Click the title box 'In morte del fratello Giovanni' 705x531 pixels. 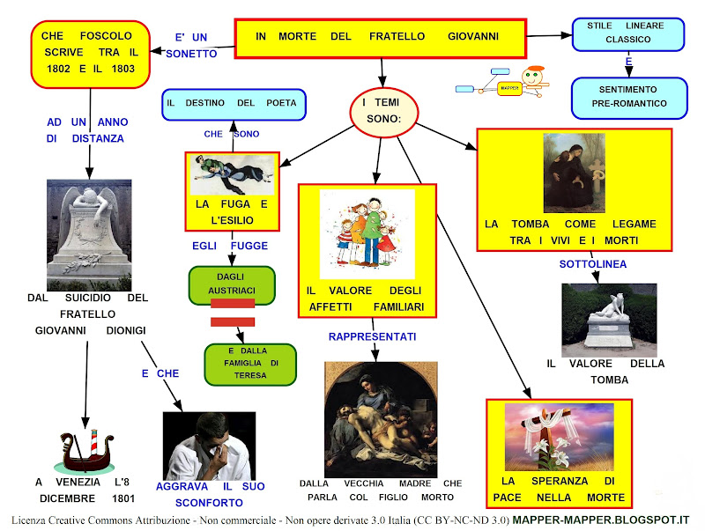[x=380, y=38]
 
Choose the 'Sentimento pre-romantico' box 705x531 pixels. [x=628, y=98]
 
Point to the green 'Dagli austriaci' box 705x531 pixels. [x=232, y=284]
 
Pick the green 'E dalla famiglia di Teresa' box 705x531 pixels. [x=247, y=364]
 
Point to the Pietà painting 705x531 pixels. [x=380, y=417]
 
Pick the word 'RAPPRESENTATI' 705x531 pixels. [x=372, y=336]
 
